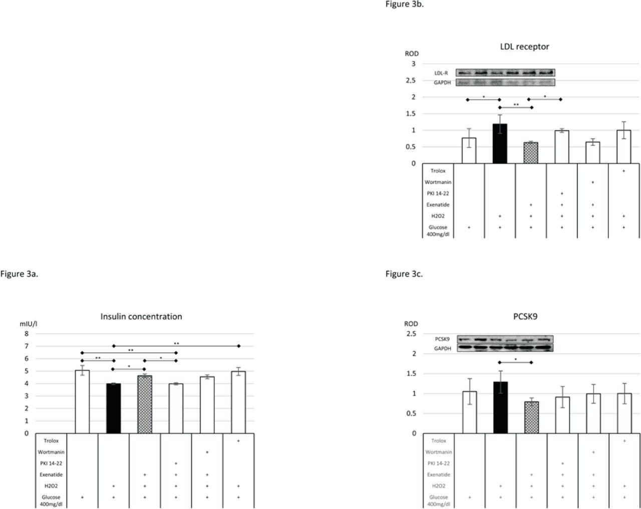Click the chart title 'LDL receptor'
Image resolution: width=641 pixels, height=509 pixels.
(524, 47)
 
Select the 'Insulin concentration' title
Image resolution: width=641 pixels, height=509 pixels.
(141, 317)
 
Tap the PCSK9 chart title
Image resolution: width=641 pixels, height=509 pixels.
(525, 317)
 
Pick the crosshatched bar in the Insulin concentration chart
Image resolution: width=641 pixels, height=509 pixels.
(145, 404)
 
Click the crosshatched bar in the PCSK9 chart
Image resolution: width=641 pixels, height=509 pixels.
(531, 417)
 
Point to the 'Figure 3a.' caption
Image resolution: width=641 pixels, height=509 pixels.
(19, 274)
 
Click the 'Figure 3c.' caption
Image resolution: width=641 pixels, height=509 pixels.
(404, 274)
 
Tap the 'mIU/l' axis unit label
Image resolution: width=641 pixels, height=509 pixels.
(29, 324)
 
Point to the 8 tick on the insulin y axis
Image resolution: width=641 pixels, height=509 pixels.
(26, 334)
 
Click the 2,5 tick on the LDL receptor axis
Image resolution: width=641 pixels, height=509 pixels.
(411, 80)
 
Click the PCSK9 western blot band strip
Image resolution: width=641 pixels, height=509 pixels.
(505, 339)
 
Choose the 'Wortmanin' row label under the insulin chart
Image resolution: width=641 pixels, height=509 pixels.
(51, 452)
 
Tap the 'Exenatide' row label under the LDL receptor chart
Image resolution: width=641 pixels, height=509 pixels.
(438, 204)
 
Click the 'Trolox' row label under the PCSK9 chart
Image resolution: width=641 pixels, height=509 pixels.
(439, 441)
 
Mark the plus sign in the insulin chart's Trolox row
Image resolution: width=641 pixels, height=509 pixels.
(238, 441)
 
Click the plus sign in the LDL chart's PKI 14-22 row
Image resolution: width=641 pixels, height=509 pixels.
(562, 193)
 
